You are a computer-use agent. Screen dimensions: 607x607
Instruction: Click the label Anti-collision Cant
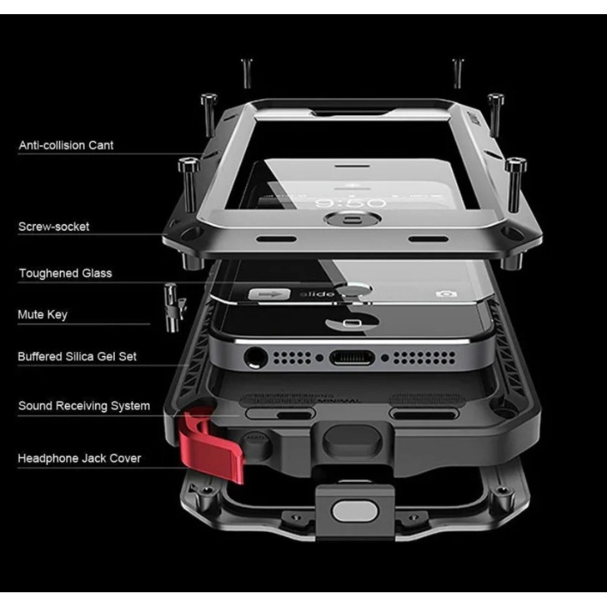pos(66,146)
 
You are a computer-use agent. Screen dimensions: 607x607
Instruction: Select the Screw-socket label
pos(53,227)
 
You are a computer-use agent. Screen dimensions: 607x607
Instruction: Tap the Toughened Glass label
pos(65,274)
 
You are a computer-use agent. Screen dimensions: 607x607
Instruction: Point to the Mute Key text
pos(42,315)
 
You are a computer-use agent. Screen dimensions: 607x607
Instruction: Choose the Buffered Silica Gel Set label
pos(77,356)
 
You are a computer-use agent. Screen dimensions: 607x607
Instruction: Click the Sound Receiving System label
pos(84,406)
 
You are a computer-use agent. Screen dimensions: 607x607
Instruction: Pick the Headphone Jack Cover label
pos(79,459)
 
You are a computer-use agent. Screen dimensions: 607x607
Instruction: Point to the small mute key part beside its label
pos(171,308)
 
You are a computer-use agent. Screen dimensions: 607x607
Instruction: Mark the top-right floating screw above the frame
pos(458,72)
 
